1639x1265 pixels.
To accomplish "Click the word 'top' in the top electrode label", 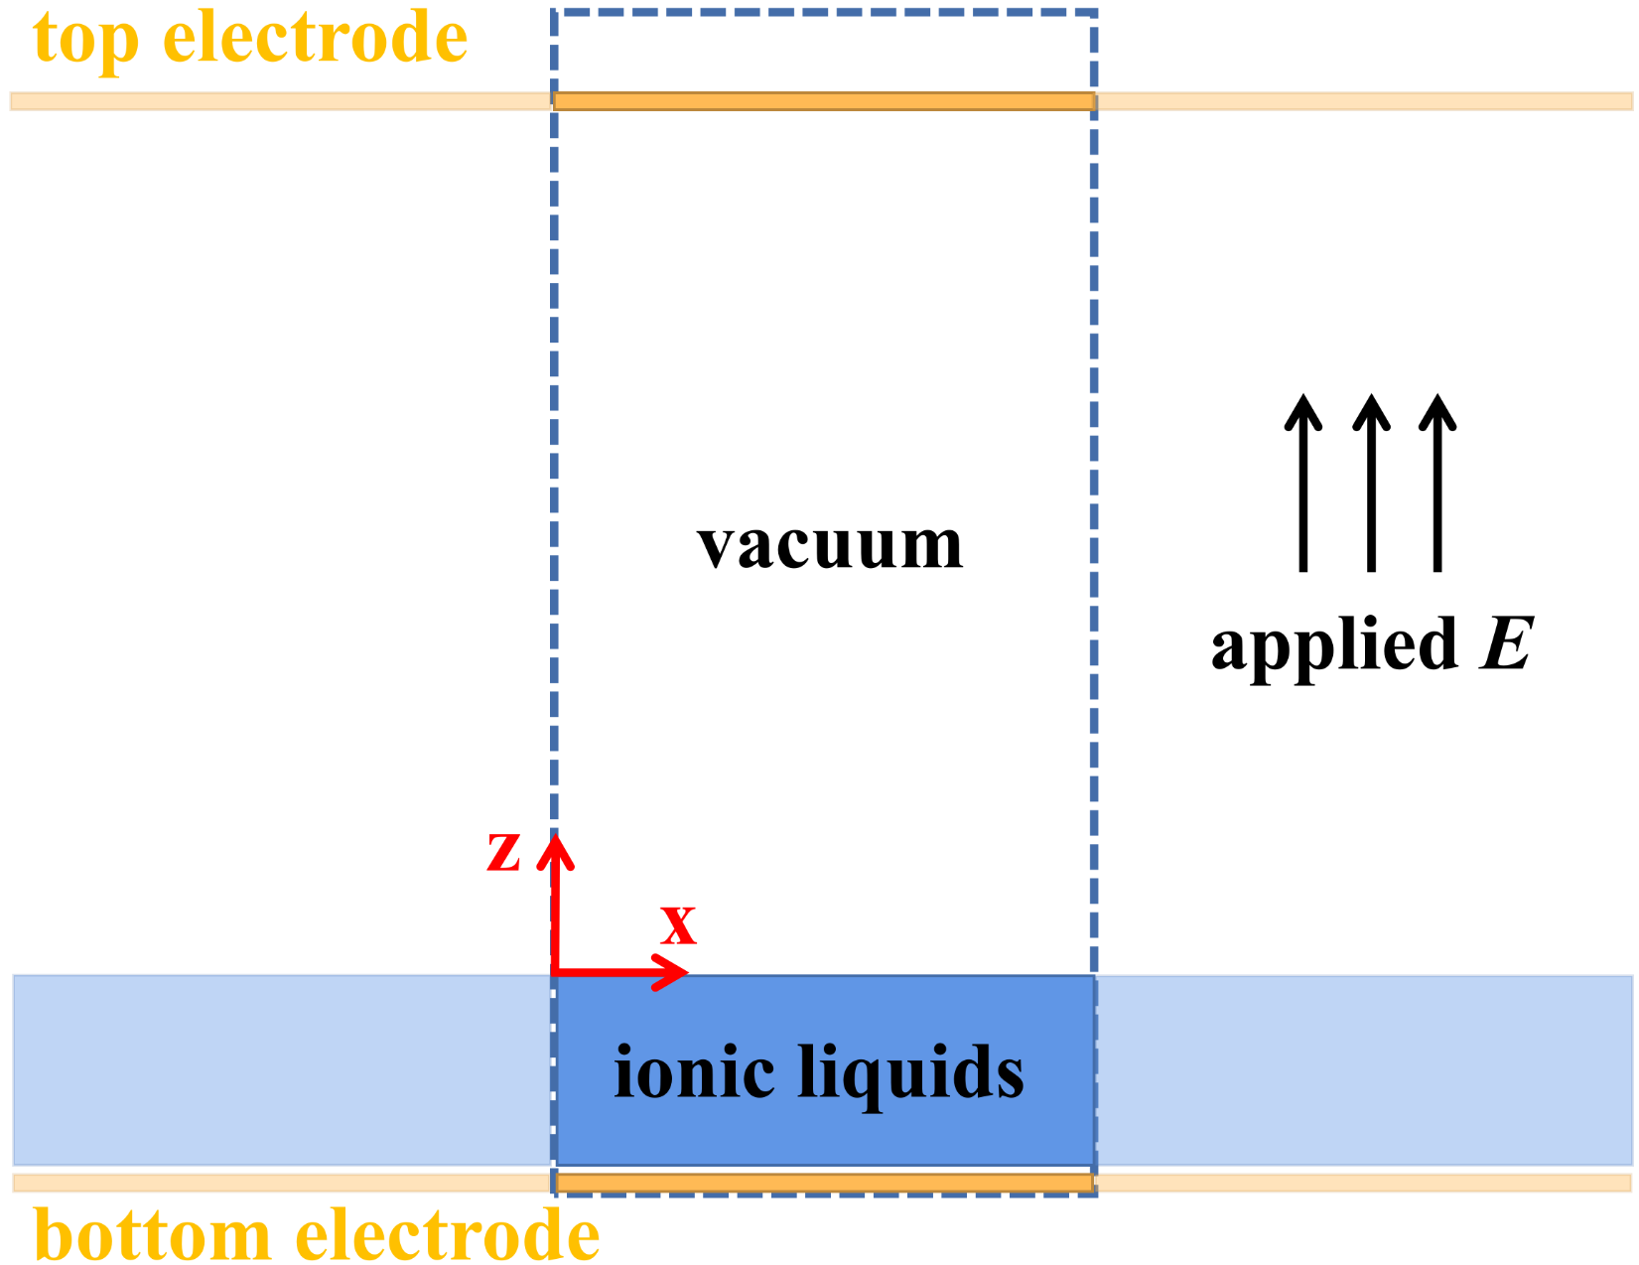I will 85,40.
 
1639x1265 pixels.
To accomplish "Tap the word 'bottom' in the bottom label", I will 152,1236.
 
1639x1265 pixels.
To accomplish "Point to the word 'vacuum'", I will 830,545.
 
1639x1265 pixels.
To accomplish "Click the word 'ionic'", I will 694,1072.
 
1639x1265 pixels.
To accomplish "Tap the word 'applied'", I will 1334,645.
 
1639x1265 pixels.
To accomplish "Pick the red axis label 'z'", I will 503,852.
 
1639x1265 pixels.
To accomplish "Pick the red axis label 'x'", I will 678,924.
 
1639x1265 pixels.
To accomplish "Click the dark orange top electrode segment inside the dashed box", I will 824,101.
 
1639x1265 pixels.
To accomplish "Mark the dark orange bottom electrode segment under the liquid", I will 824,1183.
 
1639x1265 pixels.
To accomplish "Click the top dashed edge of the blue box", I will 824,13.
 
